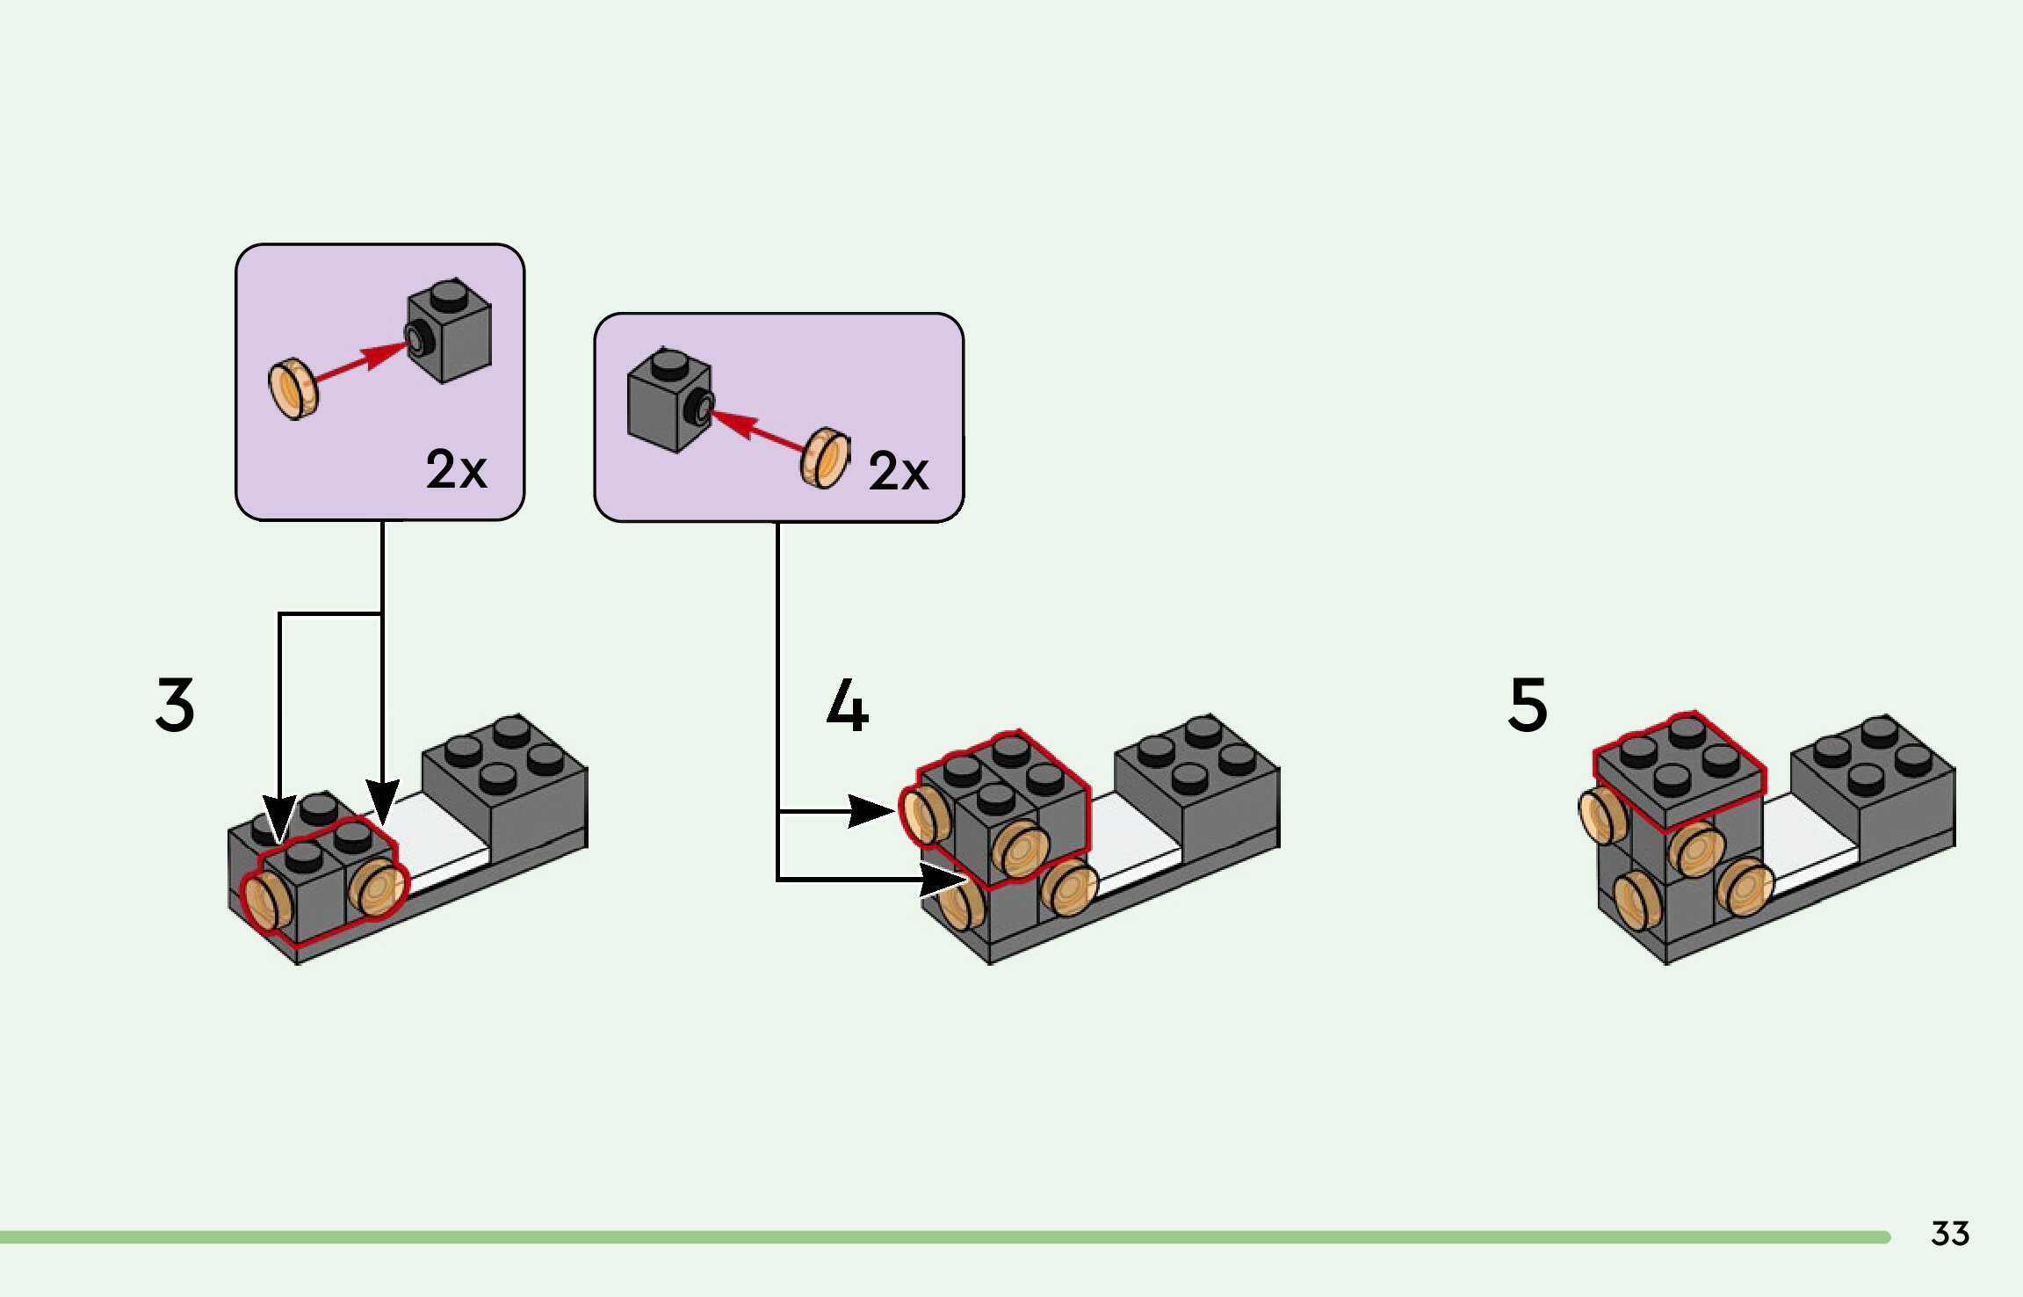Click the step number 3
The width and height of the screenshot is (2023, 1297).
pos(175,704)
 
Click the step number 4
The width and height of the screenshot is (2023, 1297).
pos(848,705)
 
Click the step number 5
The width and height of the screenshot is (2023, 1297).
pos(1528,704)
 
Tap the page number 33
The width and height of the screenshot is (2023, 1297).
pos(1949,1234)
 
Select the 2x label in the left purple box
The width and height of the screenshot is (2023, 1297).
pos(456,469)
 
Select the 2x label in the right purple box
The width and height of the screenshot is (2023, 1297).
pos(898,472)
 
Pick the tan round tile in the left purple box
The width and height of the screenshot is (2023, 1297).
pos(293,388)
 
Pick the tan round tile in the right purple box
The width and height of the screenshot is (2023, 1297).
pos(826,458)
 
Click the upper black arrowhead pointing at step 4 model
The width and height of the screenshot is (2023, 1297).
pos(870,810)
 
